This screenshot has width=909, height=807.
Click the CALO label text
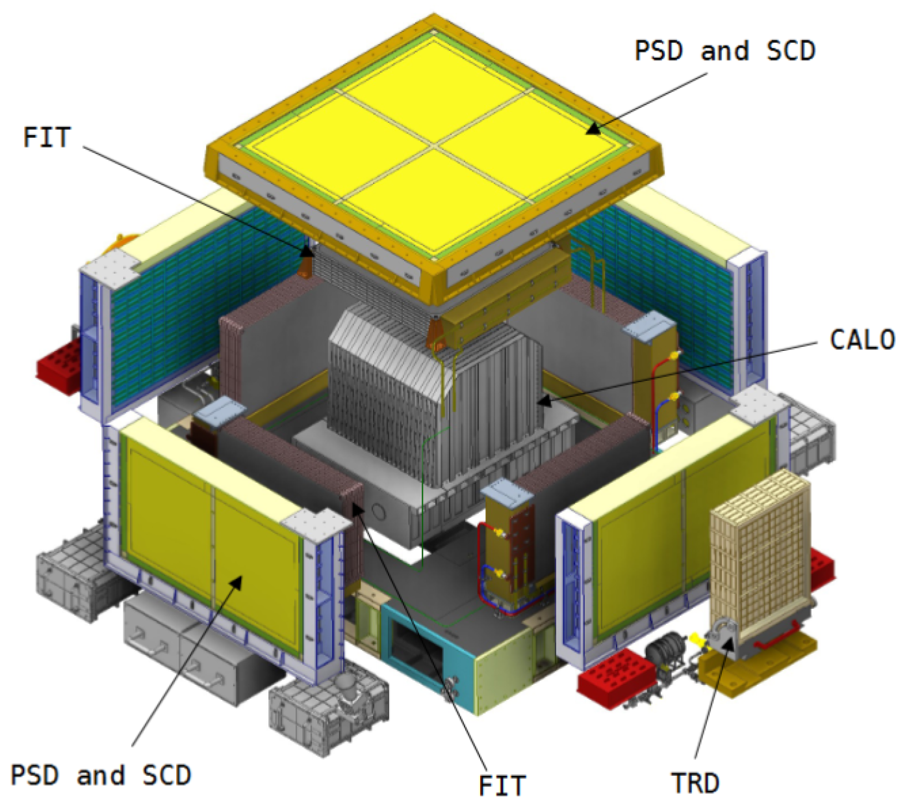point(862,340)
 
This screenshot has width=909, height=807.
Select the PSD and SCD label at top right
point(724,50)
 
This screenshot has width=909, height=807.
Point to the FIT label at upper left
point(47,137)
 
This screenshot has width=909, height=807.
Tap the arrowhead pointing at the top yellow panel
point(593,129)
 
